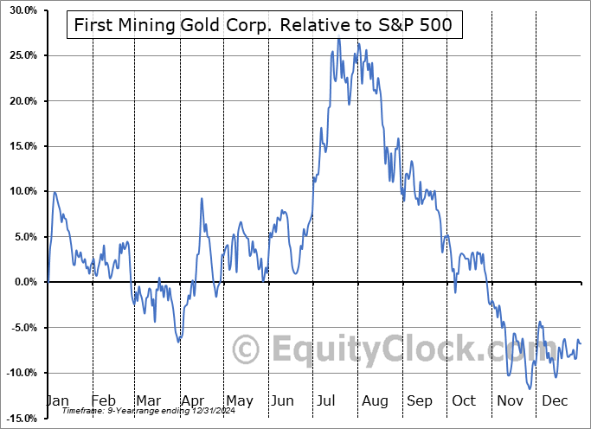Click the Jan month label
[x=57, y=400]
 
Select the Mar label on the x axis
[x=149, y=400]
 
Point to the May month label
[x=239, y=400]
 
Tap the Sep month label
[x=420, y=400]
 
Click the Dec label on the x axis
[x=554, y=400]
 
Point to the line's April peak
[x=202, y=198]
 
